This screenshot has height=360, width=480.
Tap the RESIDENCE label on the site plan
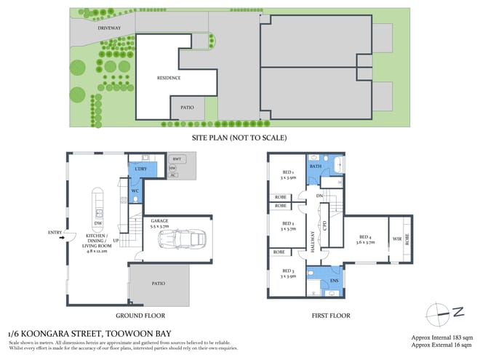[x=169, y=78]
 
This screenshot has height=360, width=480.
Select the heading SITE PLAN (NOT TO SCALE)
[x=239, y=137]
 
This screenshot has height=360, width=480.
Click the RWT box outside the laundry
[x=177, y=159]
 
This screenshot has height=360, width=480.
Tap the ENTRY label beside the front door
[x=55, y=233]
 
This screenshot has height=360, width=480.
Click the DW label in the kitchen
[x=97, y=224]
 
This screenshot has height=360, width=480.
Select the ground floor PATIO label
[x=159, y=284]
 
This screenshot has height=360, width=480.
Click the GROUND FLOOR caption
[x=140, y=316]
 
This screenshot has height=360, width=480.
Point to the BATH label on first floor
[x=315, y=166]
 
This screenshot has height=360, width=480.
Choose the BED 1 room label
[x=288, y=175]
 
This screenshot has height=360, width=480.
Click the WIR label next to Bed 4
[x=396, y=237]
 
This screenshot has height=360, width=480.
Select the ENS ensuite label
[x=334, y=279]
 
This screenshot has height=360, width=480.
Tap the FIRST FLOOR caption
[x=331, y=316]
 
